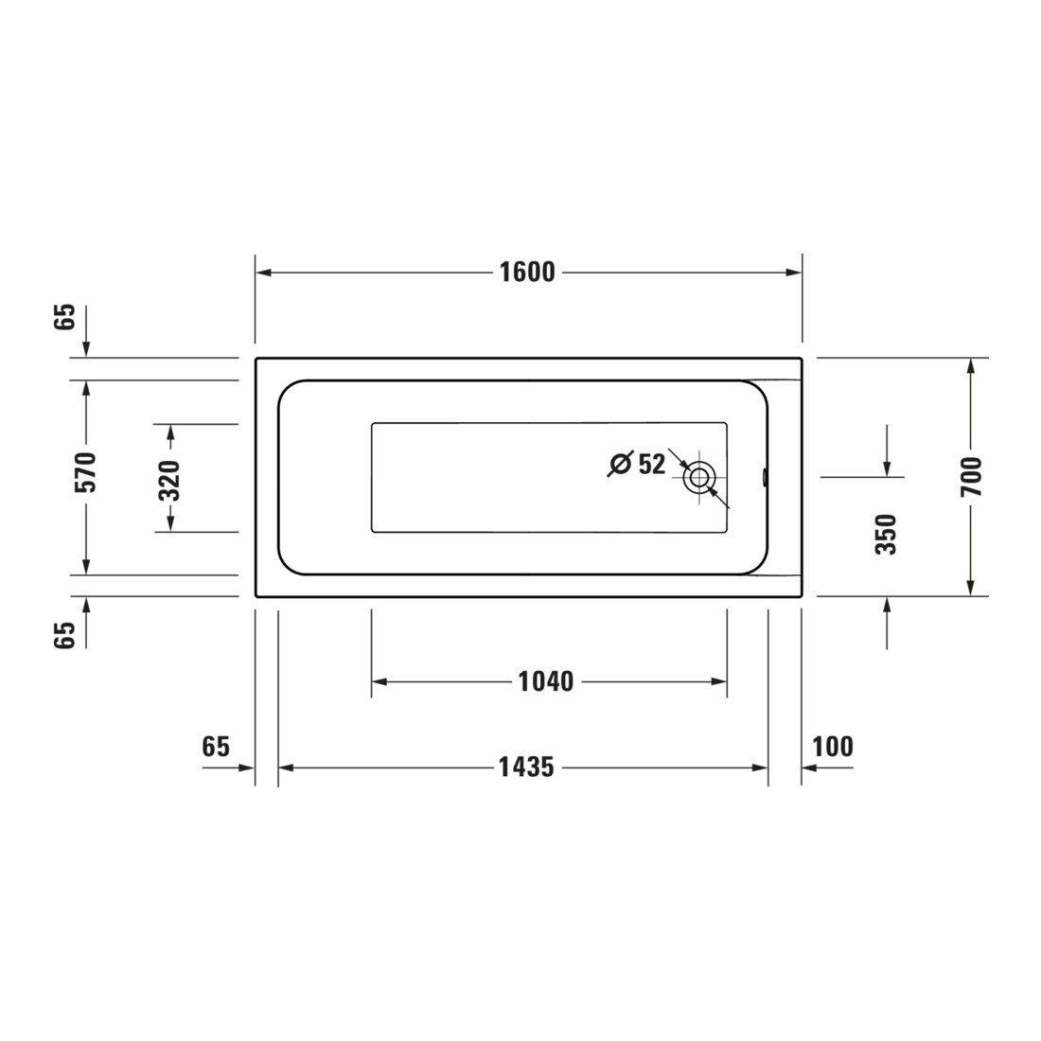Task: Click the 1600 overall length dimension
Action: point(527,273)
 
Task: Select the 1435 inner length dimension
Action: point(526,768)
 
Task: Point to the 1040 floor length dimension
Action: point(546,681)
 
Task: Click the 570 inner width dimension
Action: point(85,472)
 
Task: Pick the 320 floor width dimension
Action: point(170,480)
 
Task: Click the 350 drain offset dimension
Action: point(887,535)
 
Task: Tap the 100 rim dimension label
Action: point(833,747)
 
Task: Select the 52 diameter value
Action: point(651,464)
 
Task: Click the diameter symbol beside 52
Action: point(620,464)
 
